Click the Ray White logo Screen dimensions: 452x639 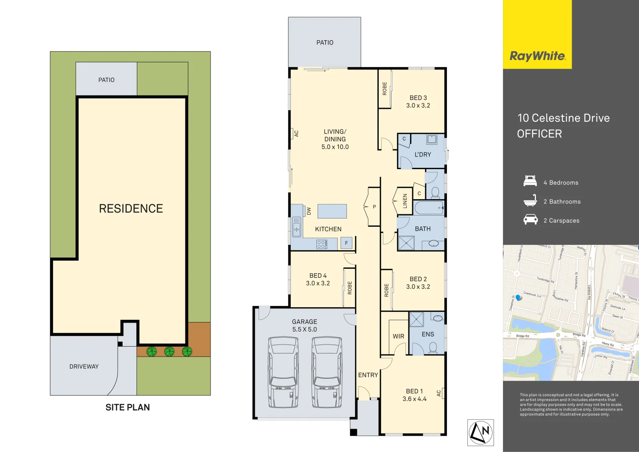click(537, 56)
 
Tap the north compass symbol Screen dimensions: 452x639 click(480, 432)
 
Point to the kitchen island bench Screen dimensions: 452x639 click(332, 211)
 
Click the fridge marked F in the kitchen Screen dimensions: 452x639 click(346, 243)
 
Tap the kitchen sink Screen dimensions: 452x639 click(296, 226)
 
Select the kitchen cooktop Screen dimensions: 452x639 click(321, 244)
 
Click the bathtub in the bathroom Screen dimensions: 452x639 click(429, 208)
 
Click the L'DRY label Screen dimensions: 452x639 click(423, 154)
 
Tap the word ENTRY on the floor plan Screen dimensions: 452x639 click(368, 375)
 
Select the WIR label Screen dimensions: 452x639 click(398, 336)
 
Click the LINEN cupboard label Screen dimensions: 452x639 click(405, 201)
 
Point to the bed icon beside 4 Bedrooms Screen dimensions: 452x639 click(530, 181)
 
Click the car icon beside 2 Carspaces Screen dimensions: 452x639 click(530, 219)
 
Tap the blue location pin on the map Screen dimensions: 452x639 click(518, 298)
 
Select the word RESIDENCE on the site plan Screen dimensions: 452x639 click(131, 208)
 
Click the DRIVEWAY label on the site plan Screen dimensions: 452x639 click(84, 367)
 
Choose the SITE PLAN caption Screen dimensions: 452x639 click(128, 407)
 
